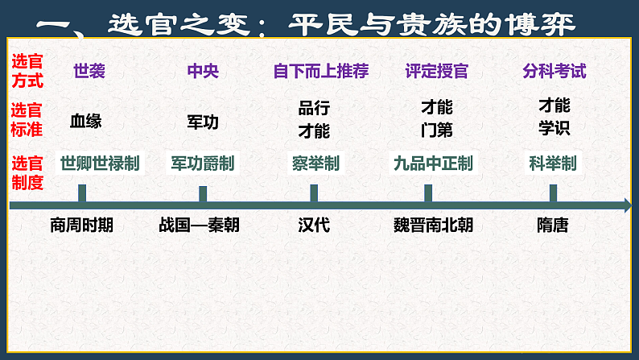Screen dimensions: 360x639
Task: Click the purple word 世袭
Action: click(89, 72)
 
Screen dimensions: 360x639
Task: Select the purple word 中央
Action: click(202, 72)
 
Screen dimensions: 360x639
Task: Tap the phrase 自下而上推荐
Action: click(320, 72)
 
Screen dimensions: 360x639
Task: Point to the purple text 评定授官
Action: click(437, 72)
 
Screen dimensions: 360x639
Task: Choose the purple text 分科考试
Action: click(554, 72)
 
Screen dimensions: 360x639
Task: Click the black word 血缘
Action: click(86, 122)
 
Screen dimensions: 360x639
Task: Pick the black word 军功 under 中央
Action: click(202, 122)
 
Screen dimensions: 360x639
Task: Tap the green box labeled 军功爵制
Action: click(202, 163)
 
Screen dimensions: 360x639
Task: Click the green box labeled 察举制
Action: click(315, 163)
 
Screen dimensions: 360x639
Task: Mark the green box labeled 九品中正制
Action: click(433, 163)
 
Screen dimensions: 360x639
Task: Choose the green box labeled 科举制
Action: click(552, 163)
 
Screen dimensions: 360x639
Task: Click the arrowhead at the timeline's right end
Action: click(627, 207)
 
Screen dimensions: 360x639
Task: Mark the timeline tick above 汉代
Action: click(314, 193)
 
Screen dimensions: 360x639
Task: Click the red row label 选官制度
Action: click(28, 172)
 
